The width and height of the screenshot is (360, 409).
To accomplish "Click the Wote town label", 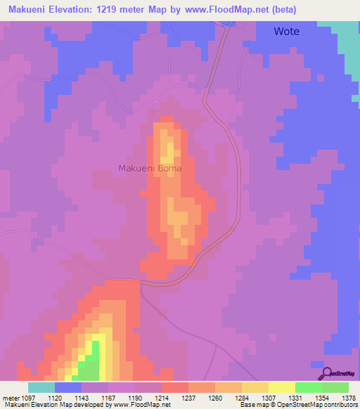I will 286,31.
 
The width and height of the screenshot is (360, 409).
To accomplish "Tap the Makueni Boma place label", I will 150,168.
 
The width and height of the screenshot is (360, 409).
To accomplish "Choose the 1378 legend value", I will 349,398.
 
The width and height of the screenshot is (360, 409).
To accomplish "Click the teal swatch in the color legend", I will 41,387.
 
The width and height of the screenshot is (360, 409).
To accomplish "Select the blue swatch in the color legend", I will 67,387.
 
